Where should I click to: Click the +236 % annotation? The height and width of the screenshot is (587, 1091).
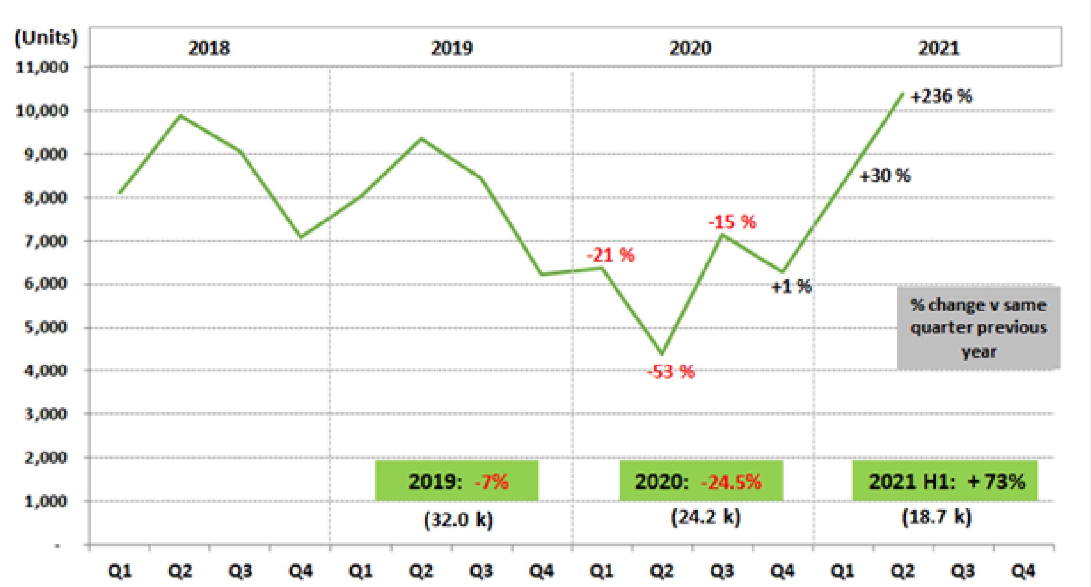941,97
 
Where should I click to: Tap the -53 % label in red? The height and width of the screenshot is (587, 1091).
670,372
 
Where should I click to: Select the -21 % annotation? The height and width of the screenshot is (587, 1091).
610,256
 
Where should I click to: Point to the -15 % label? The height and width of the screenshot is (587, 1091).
732,222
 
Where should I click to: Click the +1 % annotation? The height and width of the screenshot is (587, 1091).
791,286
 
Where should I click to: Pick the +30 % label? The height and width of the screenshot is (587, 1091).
885,176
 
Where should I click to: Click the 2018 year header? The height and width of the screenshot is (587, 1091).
209,48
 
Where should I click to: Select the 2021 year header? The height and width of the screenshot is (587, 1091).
938,48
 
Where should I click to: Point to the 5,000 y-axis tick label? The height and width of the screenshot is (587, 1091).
46,327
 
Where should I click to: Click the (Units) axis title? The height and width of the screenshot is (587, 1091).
46,38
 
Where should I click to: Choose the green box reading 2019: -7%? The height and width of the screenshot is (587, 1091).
457,481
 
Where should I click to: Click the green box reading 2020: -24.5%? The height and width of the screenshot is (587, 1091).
701,481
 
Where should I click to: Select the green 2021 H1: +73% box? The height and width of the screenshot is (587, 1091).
945,481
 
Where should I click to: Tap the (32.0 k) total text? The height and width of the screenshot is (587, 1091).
459,520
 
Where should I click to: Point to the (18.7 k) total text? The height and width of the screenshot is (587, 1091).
937,517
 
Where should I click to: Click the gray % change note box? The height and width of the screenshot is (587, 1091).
978,328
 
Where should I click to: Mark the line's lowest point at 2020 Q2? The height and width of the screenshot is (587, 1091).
661,353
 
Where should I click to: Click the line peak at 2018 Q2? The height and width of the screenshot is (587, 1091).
180,115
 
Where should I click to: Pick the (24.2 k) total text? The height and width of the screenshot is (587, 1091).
706,517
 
